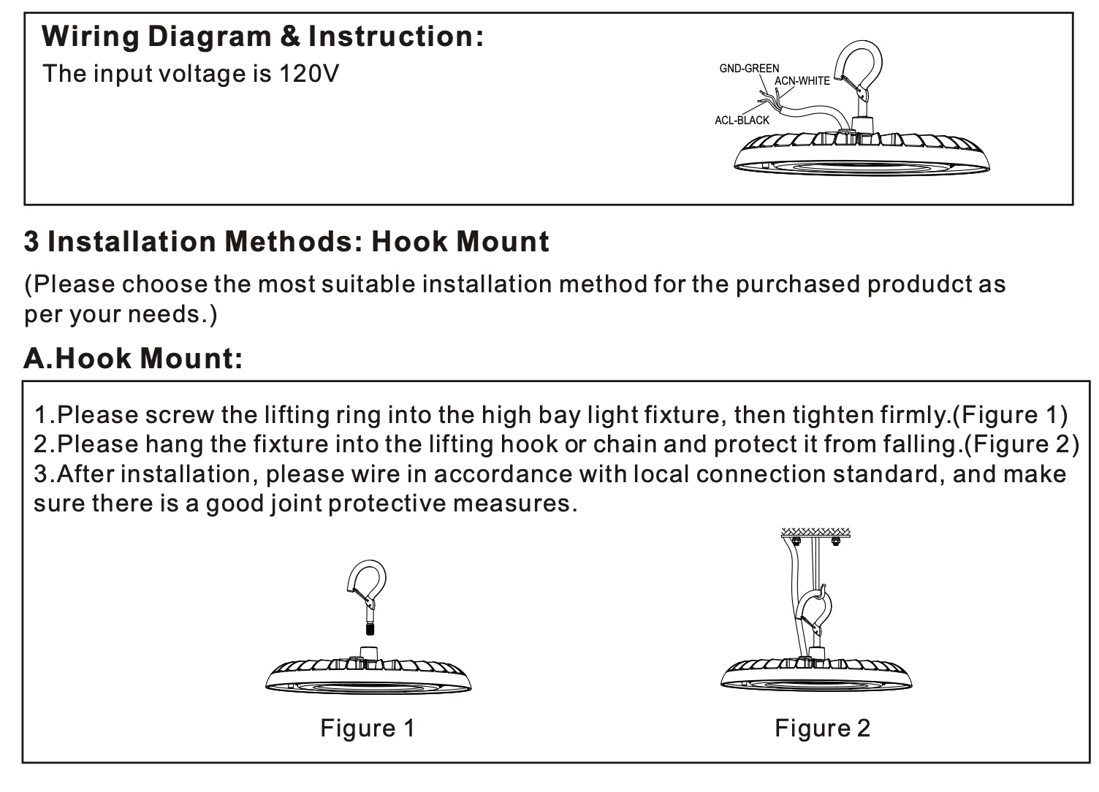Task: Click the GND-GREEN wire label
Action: pyautogui.click(x=749, y=68)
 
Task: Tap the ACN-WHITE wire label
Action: pyautogui.click(x=802, y=80)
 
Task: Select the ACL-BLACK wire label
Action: pyautogui.click(x=742, y=120)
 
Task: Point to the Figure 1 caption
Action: pyautogui.click(x=368, y=728)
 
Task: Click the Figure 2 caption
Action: pyautogui.click(x=822, y=728)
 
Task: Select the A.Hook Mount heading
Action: pyautogui.click(x=133, y=358)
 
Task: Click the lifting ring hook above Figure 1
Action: pyautogui.click(x=367, y=583)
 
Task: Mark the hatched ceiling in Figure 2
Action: pyautogui.click(x=816, y=532)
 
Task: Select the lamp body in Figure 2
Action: pyautogui.click(x=816, y=673)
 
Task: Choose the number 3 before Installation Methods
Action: pyautogui.click(x=31, y=242)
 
